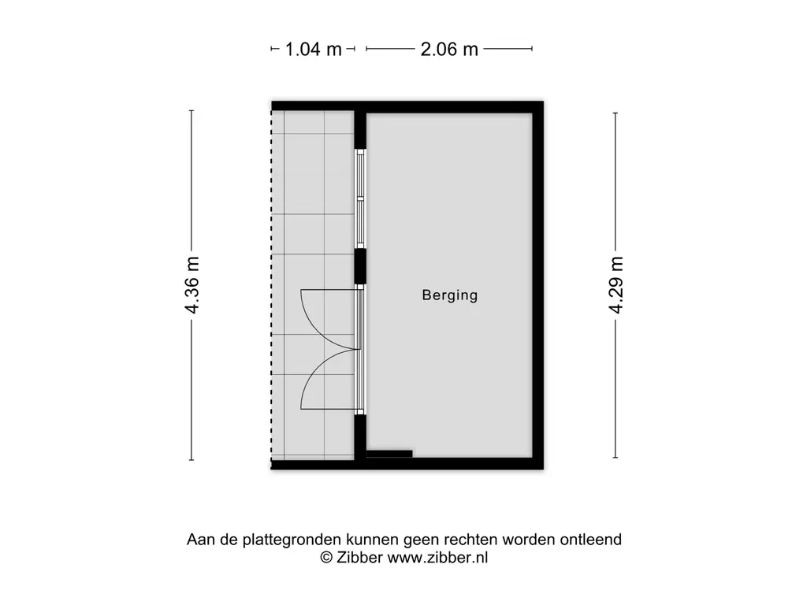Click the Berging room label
pyautogui.click(x=450, y=295)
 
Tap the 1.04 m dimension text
pyautogui.click(x=314, y=50)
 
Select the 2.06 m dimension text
pyautogui.click(x=449, y=50)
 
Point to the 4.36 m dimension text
pyautogui.click(x=192, y=285)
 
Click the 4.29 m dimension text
pyautogui.click(x=616, y=285)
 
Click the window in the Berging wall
pyautogui.click(x=360, y=199)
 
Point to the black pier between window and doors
pyautogui.click(x=360, y=266)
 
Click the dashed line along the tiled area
pyautogui.click(x=272, y=285)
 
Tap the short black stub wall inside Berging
pyautogui.click(x=389, y=454)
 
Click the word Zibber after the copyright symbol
pyautogui.click(x=359, y=557)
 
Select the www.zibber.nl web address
pyautogui.click(x=437, y=557)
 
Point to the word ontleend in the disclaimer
pyautogui.click(x=591, y=539)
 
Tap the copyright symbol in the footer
pyautogui.click(x=326, y=557)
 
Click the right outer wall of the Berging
pyautogui.click(x=537, y=285)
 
